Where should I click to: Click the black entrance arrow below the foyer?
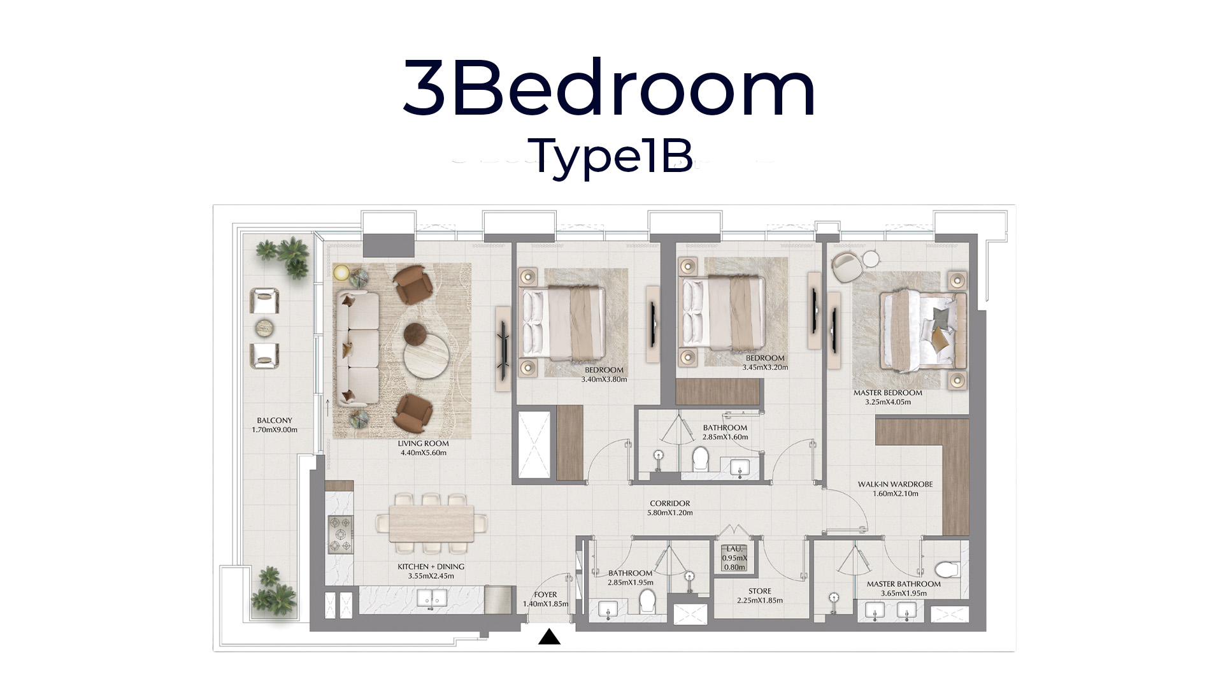(x=549, y=636)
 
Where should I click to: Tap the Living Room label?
(x=424, y=448)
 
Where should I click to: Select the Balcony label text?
(x=275, y=425)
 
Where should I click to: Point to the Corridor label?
(x=670, y=508)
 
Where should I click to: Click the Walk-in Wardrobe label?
(x=895, y=489)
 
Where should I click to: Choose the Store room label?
(x=760, y=596)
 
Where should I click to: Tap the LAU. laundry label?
(x=734, y=558)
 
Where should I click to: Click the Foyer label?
(x=545, y=599)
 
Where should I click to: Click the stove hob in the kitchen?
(x=340, y=534)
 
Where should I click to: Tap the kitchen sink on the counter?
(x=433, y=598)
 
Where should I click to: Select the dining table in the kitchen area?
(x=431, y=524)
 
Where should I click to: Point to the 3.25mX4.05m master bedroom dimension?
(x=888, y=402)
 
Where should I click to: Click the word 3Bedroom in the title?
(x=609, y=88)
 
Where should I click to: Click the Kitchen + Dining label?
(x=431, y=571)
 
